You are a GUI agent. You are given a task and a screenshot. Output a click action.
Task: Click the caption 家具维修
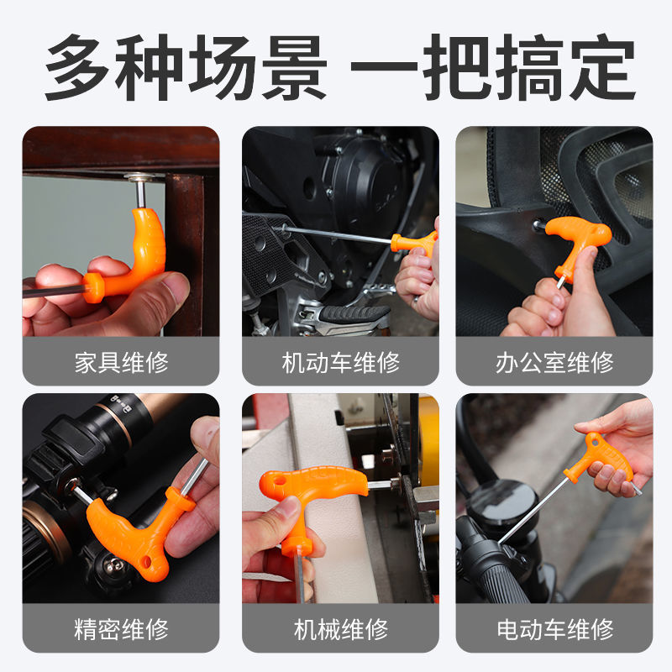tap(121, 362)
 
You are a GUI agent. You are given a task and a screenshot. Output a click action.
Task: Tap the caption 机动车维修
tap(340, 362)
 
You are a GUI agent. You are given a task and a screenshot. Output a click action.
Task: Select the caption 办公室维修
tap(554, 362)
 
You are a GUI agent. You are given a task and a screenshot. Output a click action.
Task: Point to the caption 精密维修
tap(121, 628)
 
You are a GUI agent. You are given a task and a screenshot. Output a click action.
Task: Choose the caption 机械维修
tap(340, 628)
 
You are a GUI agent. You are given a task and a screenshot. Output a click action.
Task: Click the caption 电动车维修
tap(554, 628)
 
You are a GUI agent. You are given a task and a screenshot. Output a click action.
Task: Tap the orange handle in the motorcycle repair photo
tap(417, 243)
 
